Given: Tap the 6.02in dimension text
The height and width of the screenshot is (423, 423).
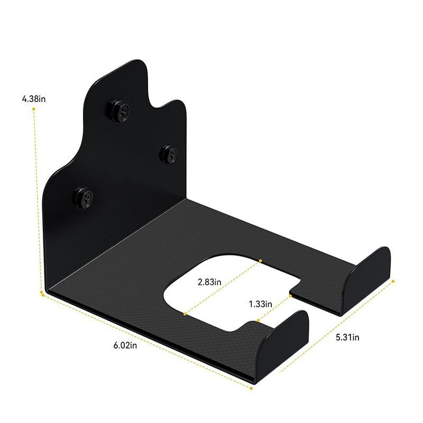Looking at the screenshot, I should point(125,345).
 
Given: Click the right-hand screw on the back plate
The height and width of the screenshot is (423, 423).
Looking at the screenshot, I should point(170,154).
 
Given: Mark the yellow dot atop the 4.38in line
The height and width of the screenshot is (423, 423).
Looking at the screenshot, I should point(34,109).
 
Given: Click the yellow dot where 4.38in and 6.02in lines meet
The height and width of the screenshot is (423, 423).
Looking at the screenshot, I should point(42,292).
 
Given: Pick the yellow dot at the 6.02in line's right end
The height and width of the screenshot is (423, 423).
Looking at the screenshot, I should point(251,389).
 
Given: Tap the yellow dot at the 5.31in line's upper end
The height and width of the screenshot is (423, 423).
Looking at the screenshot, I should point(393,282).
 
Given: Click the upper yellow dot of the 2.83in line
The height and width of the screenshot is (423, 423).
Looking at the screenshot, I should point(261,260).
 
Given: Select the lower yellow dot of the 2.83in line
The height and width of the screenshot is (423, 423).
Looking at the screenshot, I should point(185,314).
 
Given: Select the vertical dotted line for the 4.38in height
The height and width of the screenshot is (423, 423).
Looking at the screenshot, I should point(37,201).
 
